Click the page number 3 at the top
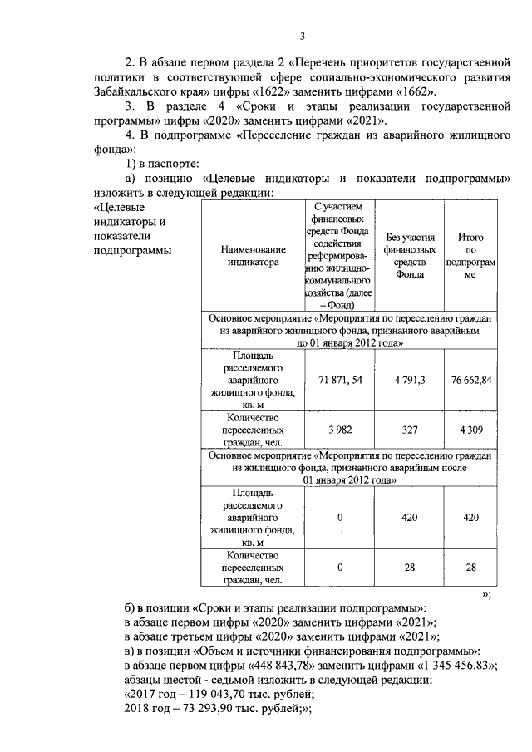tap(303, 35)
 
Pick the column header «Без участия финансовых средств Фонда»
tap(405, 254)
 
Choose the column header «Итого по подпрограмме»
tap(470, 254)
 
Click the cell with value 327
tap(405, 430)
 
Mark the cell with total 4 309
tap(470, 430)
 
